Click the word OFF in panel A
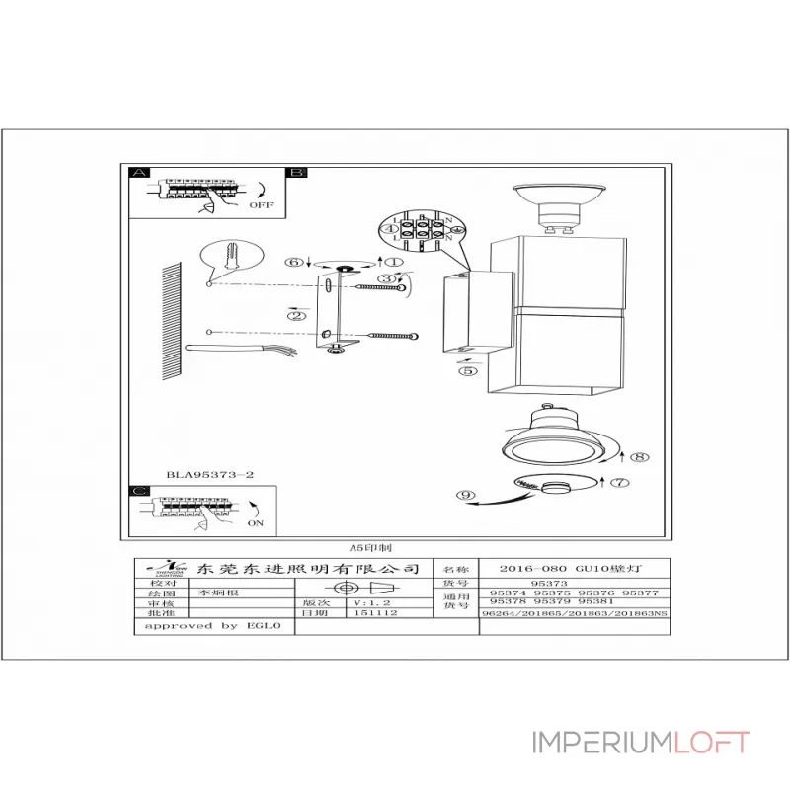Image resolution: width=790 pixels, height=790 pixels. tap(261, 205)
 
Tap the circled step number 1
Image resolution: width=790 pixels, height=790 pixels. tap(393, 263)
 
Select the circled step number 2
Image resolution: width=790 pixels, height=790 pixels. tap(294, 316)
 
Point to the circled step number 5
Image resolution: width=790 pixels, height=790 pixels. tap(467, 372)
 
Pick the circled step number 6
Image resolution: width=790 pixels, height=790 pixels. tap(293, 263)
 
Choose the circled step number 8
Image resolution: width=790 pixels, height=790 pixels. tap(639, 457)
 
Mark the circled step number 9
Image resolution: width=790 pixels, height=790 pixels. tap(466, 494)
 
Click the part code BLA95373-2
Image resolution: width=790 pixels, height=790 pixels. tap(210, 474)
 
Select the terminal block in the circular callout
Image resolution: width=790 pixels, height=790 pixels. tap(422, 232)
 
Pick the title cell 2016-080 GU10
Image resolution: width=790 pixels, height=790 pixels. tap(573, 570)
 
